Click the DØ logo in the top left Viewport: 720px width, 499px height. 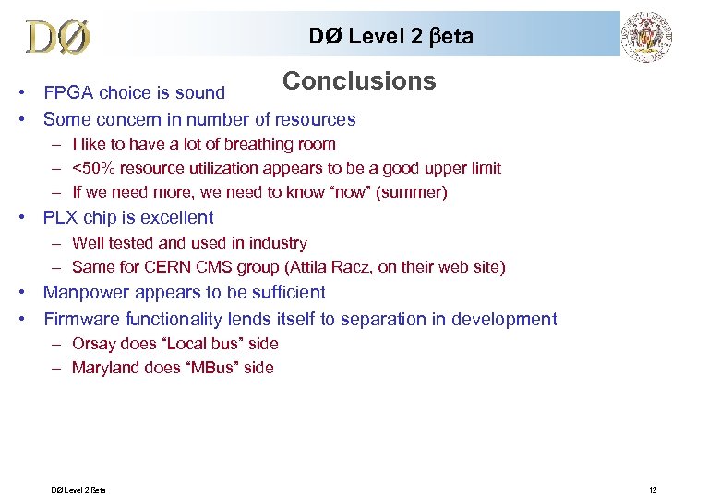[x=58, y=37]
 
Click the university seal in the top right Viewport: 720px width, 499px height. [x=647, y=37]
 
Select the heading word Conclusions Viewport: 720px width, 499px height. [x=359, y=81]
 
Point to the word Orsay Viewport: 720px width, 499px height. [x=93, y=344]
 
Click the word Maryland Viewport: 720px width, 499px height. [x=105, y=368]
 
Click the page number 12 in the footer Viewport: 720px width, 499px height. [x=652, y=488]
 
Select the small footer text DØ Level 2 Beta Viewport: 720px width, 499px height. [x=78, y=488]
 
